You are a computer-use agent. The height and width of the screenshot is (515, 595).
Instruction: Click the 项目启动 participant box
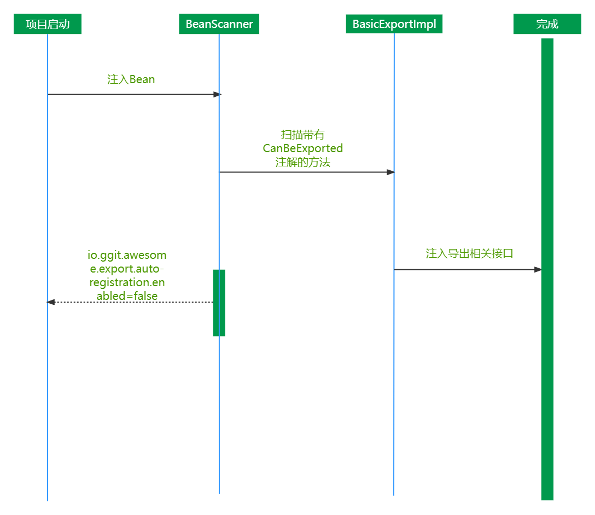tap(48, 25)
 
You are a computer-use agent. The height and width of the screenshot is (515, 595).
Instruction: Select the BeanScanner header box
tap(219, 25)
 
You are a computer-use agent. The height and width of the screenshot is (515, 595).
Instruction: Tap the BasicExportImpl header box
tap(394, 24)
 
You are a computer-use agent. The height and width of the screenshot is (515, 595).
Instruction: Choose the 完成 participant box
tap(547, 25)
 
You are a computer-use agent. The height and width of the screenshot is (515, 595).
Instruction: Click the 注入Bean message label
tap(131, 79)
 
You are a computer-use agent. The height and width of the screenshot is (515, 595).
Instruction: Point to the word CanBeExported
tap(303, 148)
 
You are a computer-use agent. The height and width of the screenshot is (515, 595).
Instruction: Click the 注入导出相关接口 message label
tap(469, 253)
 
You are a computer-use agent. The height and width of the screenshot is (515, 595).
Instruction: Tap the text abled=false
tap(127, 296)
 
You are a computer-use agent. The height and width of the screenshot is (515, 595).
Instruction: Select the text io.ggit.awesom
tap(127, 255)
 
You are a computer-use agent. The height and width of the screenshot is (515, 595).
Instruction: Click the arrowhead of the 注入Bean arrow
tap(217, 95)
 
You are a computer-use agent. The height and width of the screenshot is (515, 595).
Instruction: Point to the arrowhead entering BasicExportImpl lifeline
tap(390, 172)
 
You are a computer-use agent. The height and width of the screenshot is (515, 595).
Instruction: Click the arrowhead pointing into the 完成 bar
tap(538, 270)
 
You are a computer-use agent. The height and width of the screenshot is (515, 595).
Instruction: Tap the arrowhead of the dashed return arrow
tap(51, 302)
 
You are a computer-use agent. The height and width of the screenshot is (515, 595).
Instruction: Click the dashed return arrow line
tap(131, 302)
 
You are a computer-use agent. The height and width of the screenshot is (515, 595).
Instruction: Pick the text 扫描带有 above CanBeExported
tap(303, 135)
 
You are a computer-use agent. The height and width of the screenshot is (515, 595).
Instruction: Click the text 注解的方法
tap(303, 163)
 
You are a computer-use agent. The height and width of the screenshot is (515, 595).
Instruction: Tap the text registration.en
tap(127, 282)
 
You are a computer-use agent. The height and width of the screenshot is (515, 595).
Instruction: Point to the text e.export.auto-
tap(127, 269)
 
